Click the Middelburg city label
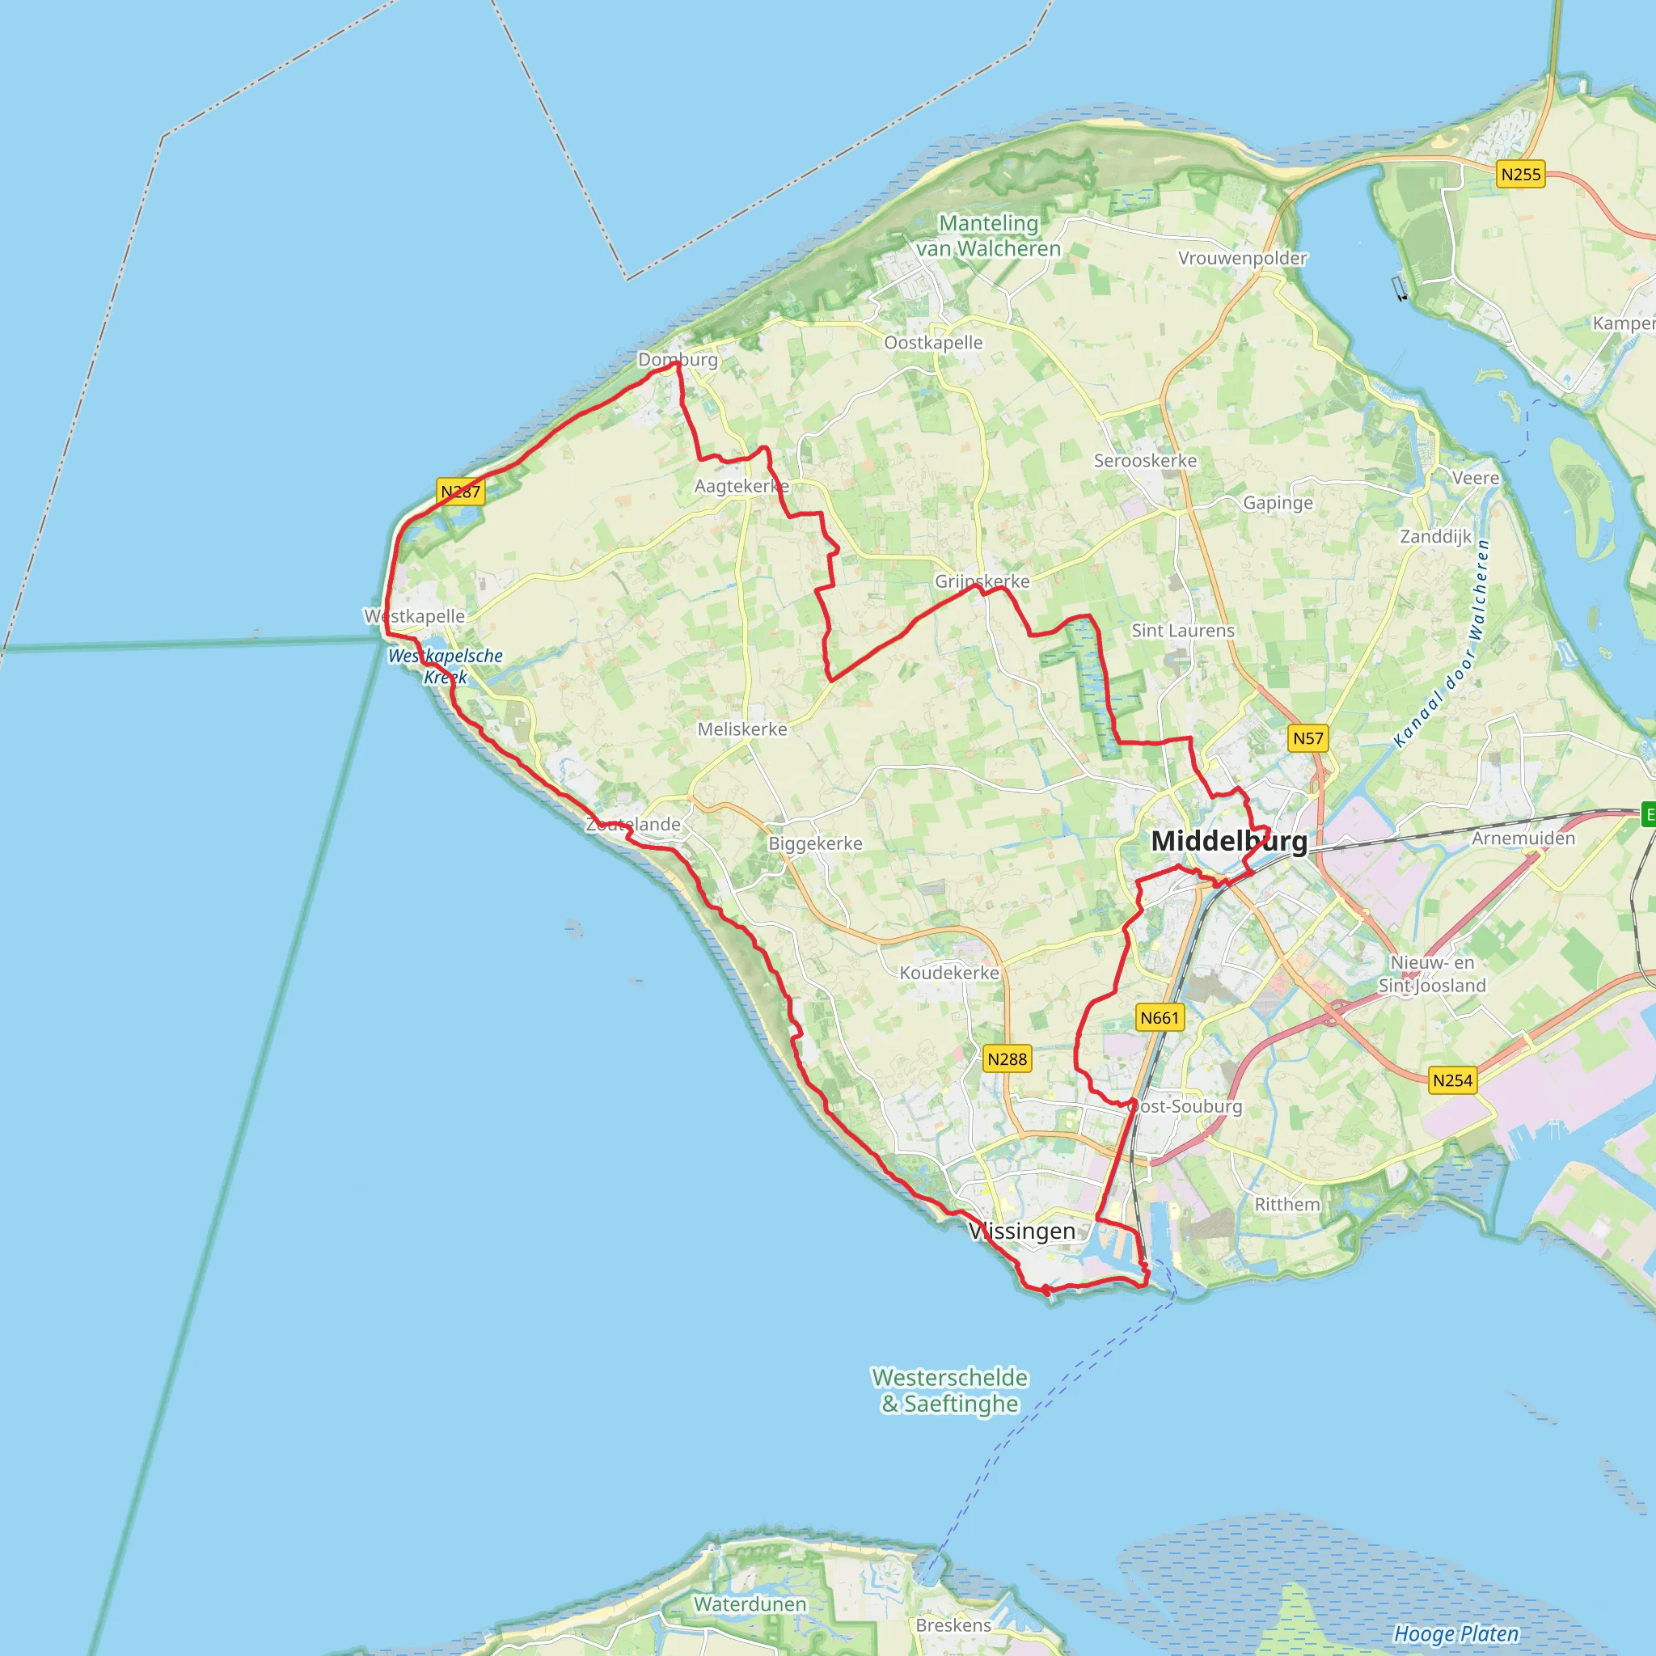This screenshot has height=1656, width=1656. [1229, 841]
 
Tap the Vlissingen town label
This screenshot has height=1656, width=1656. [1022, 1231]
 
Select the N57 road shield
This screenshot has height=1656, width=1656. [1308, 738]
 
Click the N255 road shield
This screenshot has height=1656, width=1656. [1521, 175]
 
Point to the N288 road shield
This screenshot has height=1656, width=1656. [1008, 1059]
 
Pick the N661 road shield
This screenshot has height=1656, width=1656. [1160, 1018]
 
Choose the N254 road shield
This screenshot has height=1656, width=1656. [1453, 1081]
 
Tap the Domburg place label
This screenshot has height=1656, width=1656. [678, 360]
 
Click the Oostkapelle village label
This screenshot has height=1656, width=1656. [933, 343]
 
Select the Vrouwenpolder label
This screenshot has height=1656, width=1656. [1242, 258]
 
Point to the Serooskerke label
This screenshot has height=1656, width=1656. [1145, 461]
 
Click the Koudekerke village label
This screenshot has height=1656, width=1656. [948, 973]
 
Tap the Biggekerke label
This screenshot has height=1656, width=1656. [815, 843]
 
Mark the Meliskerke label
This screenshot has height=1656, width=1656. [742, 729]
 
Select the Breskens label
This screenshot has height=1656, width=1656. [953, 1625]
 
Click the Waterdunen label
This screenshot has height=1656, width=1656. [750, 1603]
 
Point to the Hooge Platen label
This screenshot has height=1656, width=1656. [1455, 1633]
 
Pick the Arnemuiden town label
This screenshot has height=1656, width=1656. [1523, 839]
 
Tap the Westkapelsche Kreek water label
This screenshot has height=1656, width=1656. [446, 666]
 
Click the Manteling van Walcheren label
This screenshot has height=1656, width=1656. [988, 236]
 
